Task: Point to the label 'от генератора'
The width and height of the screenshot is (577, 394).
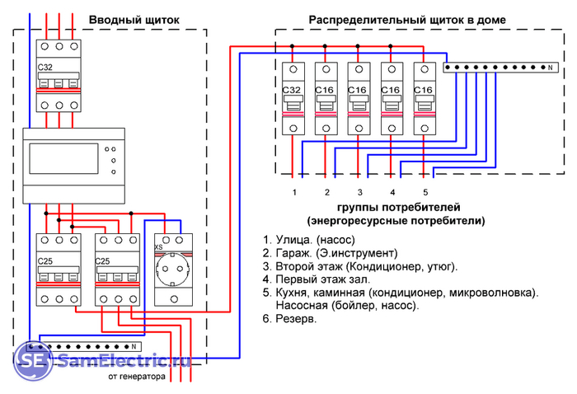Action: point(136,378)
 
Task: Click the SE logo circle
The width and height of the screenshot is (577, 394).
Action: point(32,360)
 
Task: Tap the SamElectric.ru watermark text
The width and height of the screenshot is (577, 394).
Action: point(124,360)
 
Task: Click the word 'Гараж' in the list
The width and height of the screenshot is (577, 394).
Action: point(292,252)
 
